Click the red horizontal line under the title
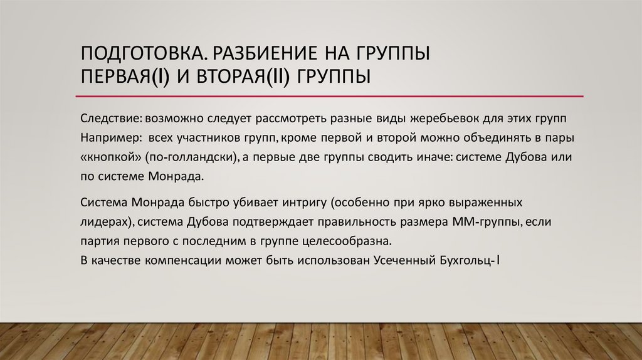(329, 97)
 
